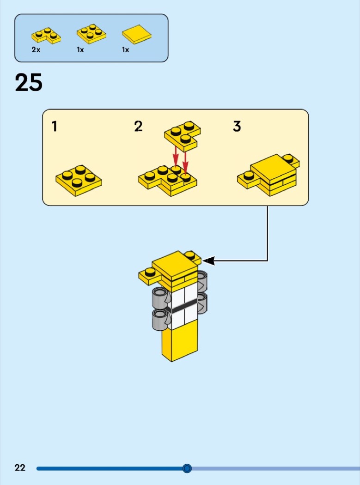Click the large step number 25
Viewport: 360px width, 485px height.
[29, 83]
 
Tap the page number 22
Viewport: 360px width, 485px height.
[20, 467]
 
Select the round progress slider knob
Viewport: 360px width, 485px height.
[187, 468]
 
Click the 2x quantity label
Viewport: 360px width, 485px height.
[36, 49]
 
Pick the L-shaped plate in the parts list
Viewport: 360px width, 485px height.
[46, 35]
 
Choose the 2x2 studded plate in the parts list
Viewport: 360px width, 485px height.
[92, 34]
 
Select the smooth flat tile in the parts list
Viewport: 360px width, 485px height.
[137, 34]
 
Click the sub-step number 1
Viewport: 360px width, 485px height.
[55, 127]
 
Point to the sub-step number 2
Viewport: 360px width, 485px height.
[138, 126]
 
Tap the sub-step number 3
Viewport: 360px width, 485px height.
[237, 127]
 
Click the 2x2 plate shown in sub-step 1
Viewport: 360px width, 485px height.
[79, 180]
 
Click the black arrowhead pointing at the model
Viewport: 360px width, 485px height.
[208, 261]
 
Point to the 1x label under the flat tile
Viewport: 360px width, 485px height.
[125, 49]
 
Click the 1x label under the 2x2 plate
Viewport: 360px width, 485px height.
[80, 49]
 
